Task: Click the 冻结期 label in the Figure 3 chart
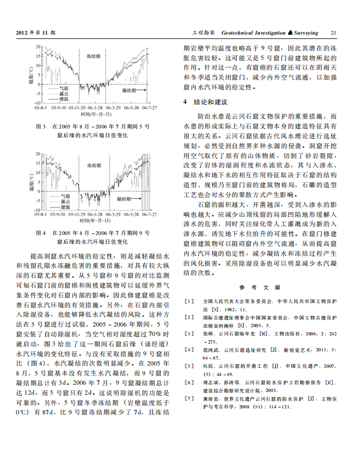click(94, 57)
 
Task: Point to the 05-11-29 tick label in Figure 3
click(77, 108)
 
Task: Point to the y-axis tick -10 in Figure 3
click(37, 103)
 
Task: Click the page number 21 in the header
click(333, 33)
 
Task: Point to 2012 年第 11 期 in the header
click(37, 33)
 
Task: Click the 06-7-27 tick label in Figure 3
click(149, 108)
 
